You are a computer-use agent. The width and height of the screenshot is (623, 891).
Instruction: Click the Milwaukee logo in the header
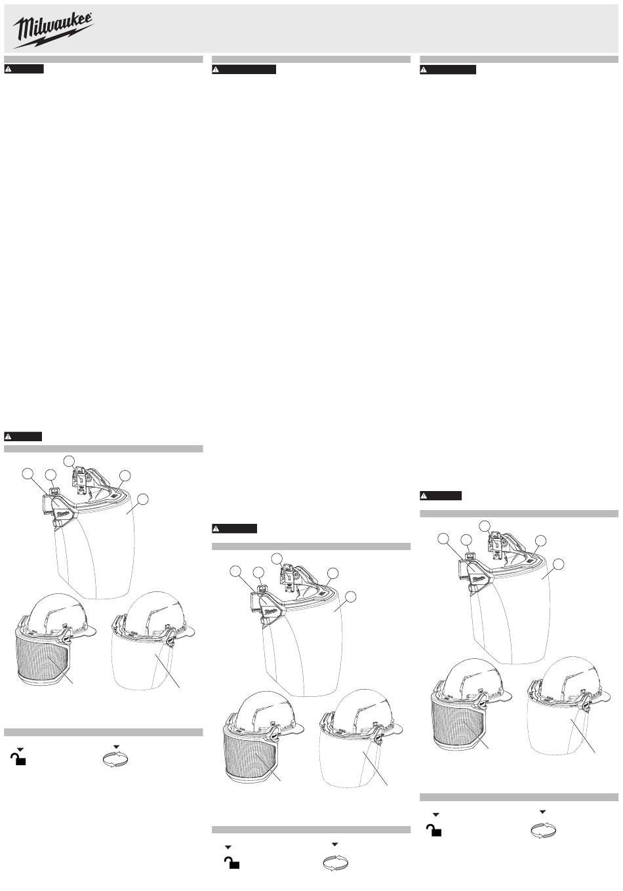53,30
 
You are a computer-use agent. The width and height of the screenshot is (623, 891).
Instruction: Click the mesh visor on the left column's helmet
44,657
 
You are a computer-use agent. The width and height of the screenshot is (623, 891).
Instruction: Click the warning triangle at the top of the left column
8,69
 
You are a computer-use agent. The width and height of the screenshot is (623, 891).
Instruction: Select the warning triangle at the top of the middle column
216,69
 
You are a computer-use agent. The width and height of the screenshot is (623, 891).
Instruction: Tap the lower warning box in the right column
441,496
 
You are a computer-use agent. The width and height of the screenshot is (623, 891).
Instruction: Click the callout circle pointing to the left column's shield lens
143,499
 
